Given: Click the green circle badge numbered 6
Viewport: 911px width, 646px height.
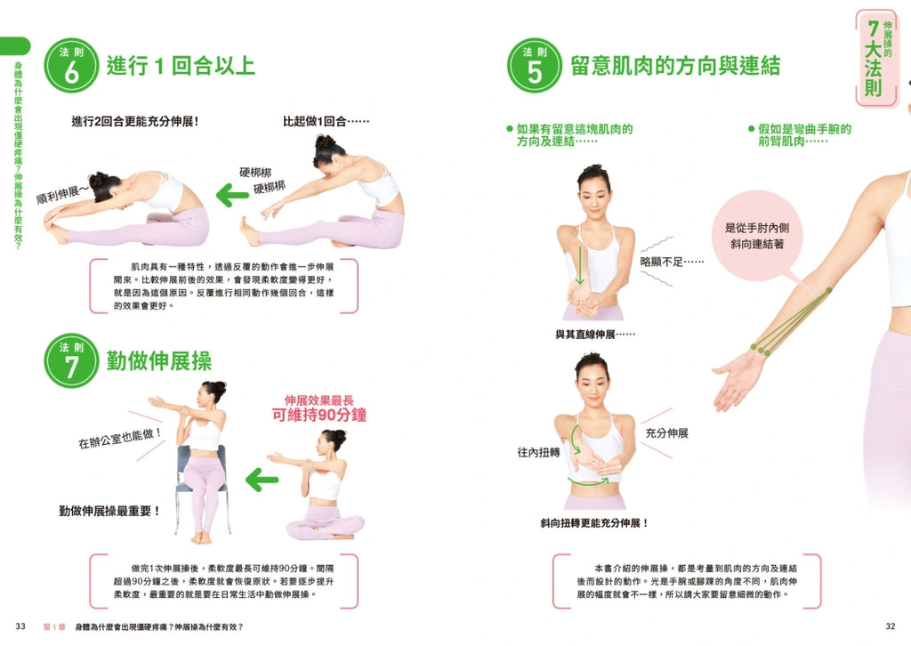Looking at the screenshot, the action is (71, 66).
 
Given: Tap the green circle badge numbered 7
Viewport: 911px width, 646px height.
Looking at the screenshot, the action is (71, 360).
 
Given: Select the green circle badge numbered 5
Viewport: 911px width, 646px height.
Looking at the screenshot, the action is (535, 66).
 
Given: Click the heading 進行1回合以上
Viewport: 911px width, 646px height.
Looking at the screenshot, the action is (181, 65).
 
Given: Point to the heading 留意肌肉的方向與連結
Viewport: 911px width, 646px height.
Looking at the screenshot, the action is (675, 66).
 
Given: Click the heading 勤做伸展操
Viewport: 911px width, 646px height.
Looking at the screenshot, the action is (158, 360).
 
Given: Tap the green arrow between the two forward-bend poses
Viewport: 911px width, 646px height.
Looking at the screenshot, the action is (232, 195).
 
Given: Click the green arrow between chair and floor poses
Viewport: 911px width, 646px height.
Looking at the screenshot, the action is (262, 480).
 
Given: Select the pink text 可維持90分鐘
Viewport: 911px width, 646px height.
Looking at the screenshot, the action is (319, 415).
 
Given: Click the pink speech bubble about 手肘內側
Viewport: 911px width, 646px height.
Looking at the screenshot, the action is (756, 236).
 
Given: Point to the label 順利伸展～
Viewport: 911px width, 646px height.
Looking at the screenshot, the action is (63, 193).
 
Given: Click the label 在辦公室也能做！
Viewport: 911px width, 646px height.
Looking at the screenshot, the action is (120, 439).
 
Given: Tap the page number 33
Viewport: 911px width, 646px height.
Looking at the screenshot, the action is (20, 626).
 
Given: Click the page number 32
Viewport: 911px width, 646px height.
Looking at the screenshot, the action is (890, 626).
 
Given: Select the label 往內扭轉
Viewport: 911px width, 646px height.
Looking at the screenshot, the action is (538, 452).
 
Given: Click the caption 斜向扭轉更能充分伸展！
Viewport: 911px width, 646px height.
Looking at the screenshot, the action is (594, 523).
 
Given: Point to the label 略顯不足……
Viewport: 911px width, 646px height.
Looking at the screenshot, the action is (672, 262).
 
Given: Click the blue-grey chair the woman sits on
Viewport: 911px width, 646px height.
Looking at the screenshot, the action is (201, 487).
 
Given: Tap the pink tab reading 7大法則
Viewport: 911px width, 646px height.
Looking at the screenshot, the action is (876, 58).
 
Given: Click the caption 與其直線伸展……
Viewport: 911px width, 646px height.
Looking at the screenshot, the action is (595, 334).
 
